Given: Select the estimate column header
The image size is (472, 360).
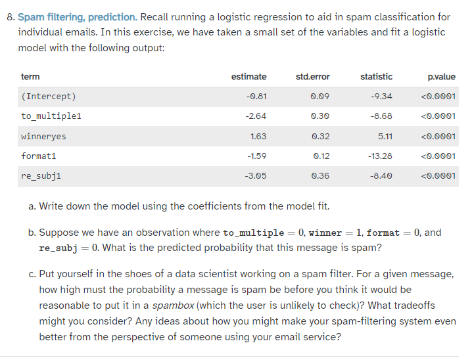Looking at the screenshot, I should tap(249, 77).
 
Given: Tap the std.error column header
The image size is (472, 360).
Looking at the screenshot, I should tap(313, 77).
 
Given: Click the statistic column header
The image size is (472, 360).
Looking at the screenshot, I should tap(377, 77).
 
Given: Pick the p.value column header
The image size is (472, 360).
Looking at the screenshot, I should tap(440, 77).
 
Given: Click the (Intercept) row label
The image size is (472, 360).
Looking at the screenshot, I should tap(49, 97).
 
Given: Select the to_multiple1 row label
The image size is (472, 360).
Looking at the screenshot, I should tap(51, 116).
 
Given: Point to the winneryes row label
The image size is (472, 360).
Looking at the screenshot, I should tap(43, 137).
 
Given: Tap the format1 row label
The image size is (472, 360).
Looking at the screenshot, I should tap(39, 156).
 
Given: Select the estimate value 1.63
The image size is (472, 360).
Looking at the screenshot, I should tap(258, 137).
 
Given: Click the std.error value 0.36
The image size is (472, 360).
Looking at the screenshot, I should tap(321, 176).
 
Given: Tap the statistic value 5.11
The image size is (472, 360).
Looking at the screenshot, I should tap(385, 137).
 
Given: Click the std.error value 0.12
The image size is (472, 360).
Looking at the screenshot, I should tap(321, 156).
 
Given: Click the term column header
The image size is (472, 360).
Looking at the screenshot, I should tap(30, 77).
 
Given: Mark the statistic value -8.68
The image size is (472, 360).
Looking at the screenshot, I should tap(382, 116).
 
